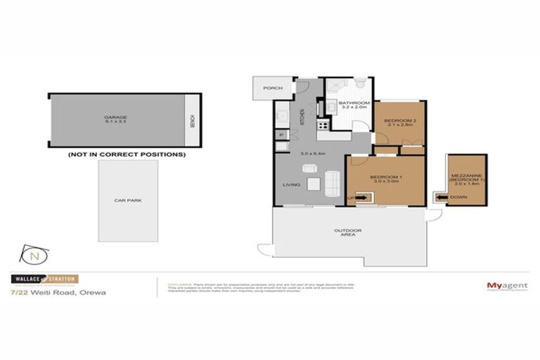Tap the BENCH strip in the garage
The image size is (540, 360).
191,121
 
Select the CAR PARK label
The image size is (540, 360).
127,200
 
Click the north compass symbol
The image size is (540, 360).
33,254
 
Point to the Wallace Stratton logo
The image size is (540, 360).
42,279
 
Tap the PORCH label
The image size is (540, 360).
272,89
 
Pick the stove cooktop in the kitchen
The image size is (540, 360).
324,126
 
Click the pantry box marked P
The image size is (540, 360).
281,134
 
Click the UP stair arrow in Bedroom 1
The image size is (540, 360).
357,198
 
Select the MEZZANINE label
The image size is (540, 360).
468,177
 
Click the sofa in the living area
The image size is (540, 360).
333,183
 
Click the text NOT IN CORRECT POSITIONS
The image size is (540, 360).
127,154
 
